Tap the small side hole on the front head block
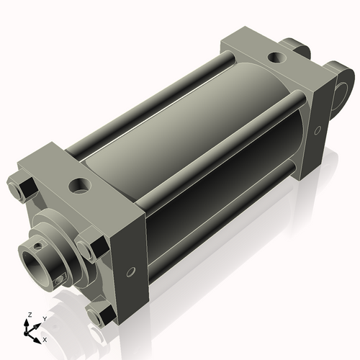[x=130, y=271]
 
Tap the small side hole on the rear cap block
[x=318, y=130]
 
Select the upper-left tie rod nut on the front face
[x=22, y=187]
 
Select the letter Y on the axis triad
[x=45, y=318]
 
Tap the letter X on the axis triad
[x=45, y=338]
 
